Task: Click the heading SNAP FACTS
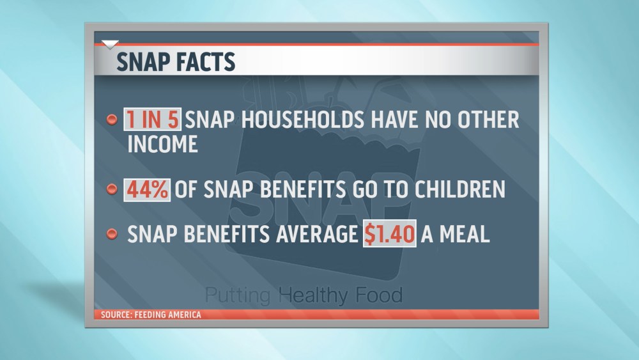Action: (x=175, y=61)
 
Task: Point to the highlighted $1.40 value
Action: (x=389, y=234)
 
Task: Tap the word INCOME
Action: (x=162, y=144)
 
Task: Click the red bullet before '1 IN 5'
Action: (x=111, y=120)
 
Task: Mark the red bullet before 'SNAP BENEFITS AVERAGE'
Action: (x=111, y=233)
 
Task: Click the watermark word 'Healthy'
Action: (x=312, y=295)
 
